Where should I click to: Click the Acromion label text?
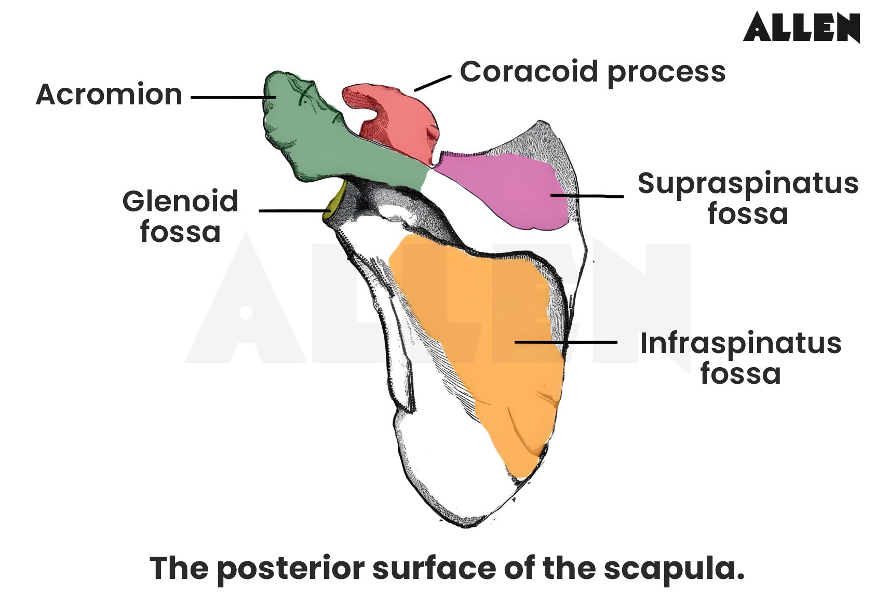point(109,95)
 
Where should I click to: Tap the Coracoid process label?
point(593,72)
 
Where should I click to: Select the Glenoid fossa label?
point(180,216)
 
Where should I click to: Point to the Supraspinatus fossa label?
point(748,198)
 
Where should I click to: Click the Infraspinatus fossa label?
point(741,358)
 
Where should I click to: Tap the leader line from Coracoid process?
point(432,83)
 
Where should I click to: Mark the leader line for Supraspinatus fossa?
point(587,196)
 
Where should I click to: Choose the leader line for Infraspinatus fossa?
point(566,342)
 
